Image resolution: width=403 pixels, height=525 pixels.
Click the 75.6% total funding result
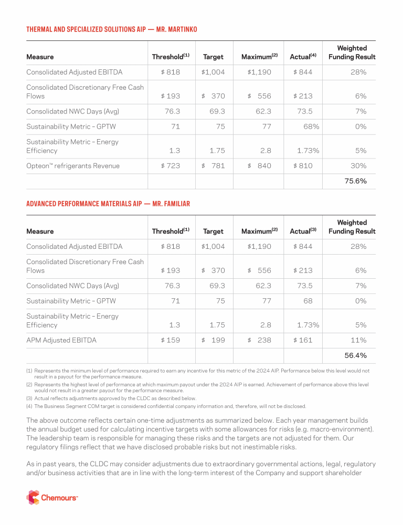click(x=355, y=181)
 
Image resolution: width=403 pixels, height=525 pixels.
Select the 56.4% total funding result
click(x=355, y=355)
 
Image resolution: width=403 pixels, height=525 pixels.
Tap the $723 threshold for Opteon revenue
click(x=171, y=166)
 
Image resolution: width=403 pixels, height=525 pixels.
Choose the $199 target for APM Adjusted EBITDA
click(x=214, y=340)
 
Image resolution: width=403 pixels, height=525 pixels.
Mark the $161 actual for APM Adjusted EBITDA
click(x=303, y=340)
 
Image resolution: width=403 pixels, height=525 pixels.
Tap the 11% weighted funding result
click(x=359, y=340)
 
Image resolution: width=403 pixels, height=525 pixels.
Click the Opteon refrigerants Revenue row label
click(x=73, y=166)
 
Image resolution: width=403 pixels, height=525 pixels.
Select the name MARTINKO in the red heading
click(x=179, y=29)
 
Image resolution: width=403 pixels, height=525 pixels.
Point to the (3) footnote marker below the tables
click(x=29, y=398)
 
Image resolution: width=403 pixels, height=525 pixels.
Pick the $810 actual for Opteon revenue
click(x=303, y=166)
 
